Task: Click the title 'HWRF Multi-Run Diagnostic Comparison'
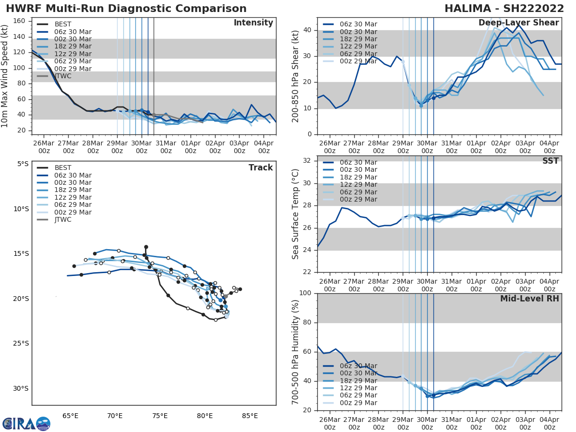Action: [126, 9]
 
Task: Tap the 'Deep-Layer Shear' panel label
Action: [518, 23]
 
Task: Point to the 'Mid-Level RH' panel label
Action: [529, 299]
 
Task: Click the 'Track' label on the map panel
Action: [261, 168]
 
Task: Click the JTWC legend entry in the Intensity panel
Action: [63, 76]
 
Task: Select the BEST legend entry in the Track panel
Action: [63, 168]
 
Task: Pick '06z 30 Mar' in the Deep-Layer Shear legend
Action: [359, 24]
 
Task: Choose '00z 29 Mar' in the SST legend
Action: [359, 199]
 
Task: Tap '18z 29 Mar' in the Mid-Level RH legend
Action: [359, 380]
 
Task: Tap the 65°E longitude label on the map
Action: [70, 416]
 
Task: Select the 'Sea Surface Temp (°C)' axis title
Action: [296, 214]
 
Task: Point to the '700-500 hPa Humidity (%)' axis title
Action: [296, 352]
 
